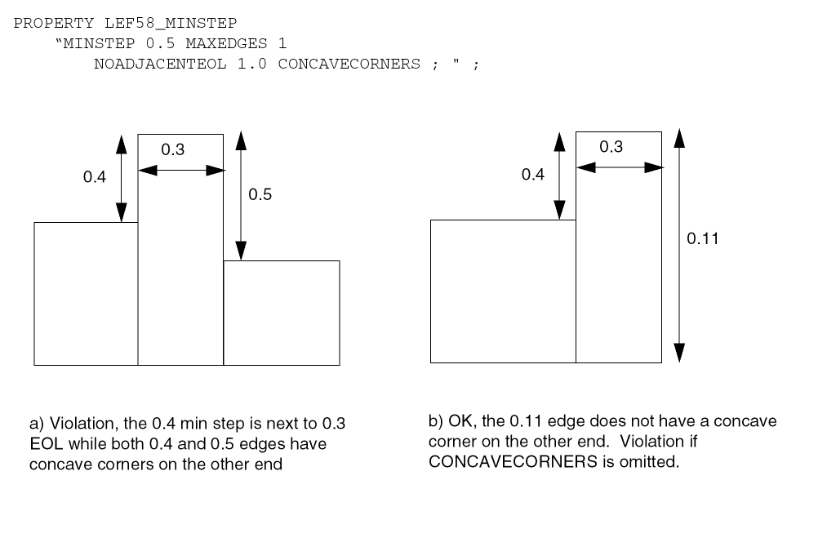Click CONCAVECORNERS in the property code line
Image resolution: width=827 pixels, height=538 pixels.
tap(349, 64)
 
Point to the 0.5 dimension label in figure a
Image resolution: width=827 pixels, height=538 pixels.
tap(260, 194)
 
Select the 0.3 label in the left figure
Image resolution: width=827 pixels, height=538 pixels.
tap(172, 149)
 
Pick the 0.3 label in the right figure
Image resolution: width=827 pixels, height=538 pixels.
tap(611, 146)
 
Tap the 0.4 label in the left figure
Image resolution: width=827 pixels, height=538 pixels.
tap(95, 177)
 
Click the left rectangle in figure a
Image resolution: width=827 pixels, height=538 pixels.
tap(86, 293)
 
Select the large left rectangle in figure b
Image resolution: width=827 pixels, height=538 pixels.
tap(503, 291)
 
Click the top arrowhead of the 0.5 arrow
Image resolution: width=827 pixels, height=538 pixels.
tap(240, 141)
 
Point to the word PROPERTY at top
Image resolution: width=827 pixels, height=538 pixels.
tap(46, 22)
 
